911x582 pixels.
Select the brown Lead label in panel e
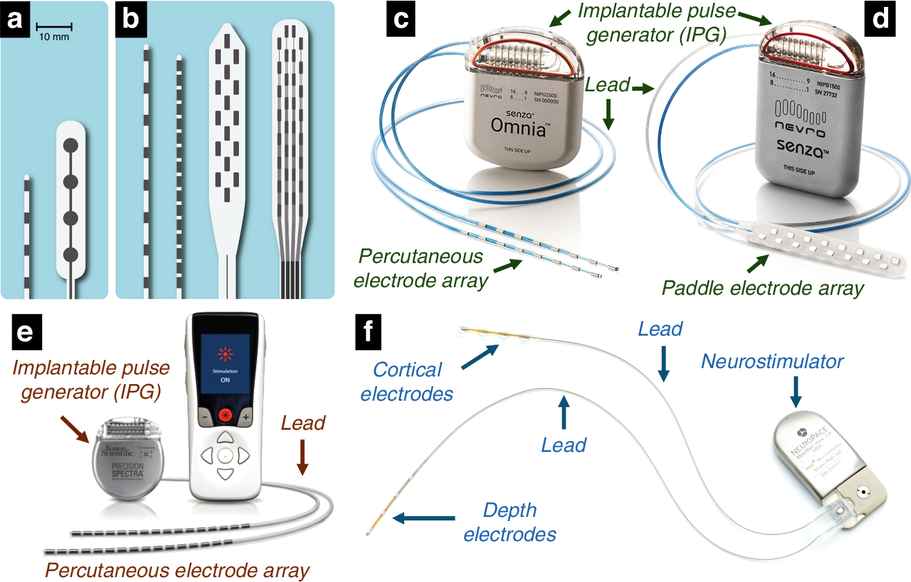click(x=303, y=423)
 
